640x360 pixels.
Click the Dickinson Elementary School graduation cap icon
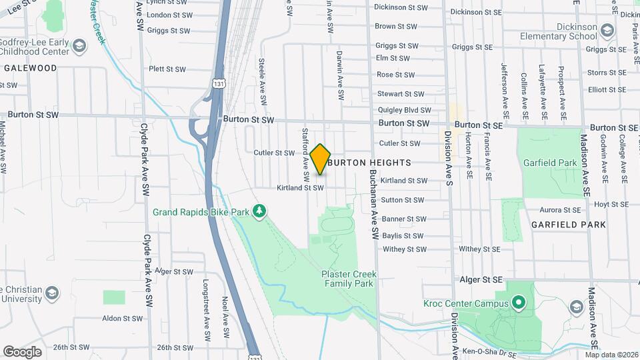point(607,30)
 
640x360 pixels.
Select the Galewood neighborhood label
point(30,68)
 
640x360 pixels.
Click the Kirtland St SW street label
point(300,188)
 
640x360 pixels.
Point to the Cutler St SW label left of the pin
point(273,153)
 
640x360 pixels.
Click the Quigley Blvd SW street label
point(405,110)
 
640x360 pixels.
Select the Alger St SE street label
point(481,280)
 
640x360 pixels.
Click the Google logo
point(22,351)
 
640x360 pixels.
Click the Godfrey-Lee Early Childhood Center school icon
point(80,45)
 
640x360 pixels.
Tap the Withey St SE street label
point(479,249)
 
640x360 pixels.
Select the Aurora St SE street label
point(560,210)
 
